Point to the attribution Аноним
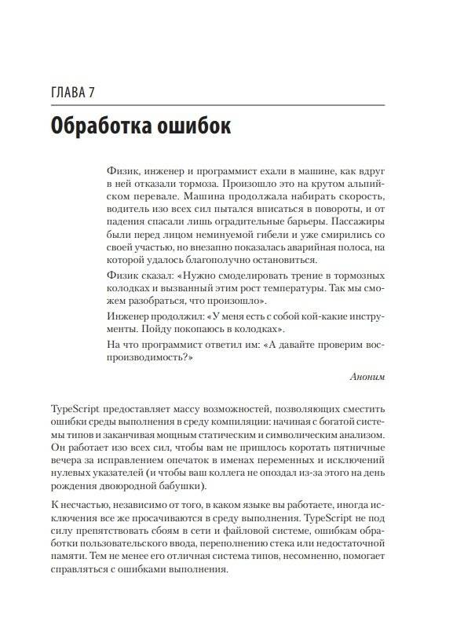(x=367, y=377)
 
